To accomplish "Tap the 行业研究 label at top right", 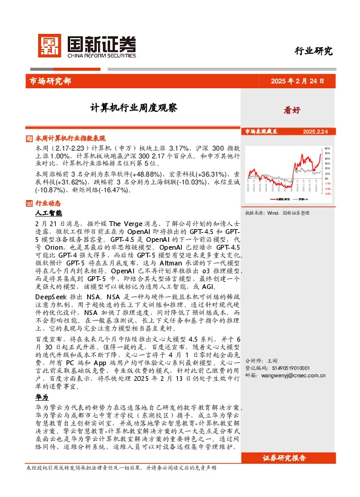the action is coord(313,51).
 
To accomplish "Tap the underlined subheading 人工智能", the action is coord(48,213).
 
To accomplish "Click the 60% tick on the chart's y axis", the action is coord(327,148).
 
